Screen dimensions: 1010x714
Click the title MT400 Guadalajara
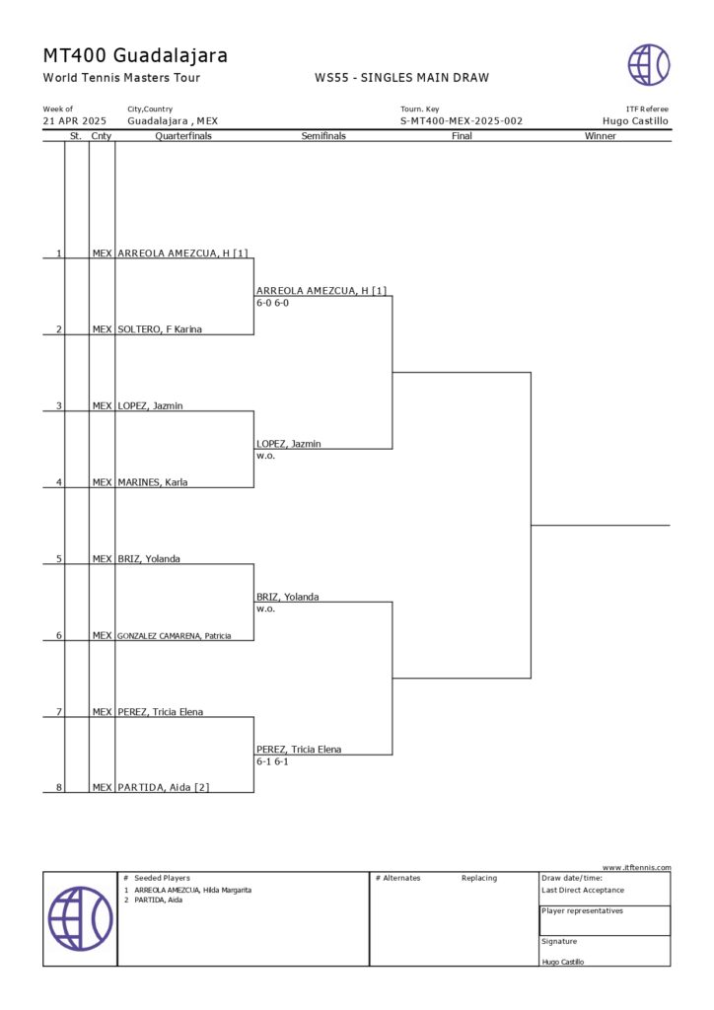[135, 55]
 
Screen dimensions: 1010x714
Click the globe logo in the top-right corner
[649, 65]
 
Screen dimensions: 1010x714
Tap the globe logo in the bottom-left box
[80, 918]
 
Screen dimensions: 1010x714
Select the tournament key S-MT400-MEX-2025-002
[461, 121]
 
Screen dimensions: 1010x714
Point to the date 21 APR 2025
[74, 121]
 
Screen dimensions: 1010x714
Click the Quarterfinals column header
[183, 136]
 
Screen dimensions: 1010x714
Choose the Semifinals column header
[323, 136]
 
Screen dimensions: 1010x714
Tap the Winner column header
[600, 136]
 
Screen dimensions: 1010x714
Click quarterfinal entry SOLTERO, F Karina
[160, 329]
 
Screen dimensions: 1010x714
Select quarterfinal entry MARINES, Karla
[153, 482]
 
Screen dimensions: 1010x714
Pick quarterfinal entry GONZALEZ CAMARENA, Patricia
[175, 636]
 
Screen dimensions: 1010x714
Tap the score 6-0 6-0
[272, 303]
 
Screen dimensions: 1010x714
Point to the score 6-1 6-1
[272, 761]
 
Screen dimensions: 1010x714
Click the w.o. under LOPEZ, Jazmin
[265, 456]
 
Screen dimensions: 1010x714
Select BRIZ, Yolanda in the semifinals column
[287, 597]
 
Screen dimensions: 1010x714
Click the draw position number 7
[59, 712]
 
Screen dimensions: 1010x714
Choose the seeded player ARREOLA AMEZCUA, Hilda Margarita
[192, 890]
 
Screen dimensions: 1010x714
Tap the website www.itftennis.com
[636, 867]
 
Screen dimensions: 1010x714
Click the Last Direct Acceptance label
[583, 890]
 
